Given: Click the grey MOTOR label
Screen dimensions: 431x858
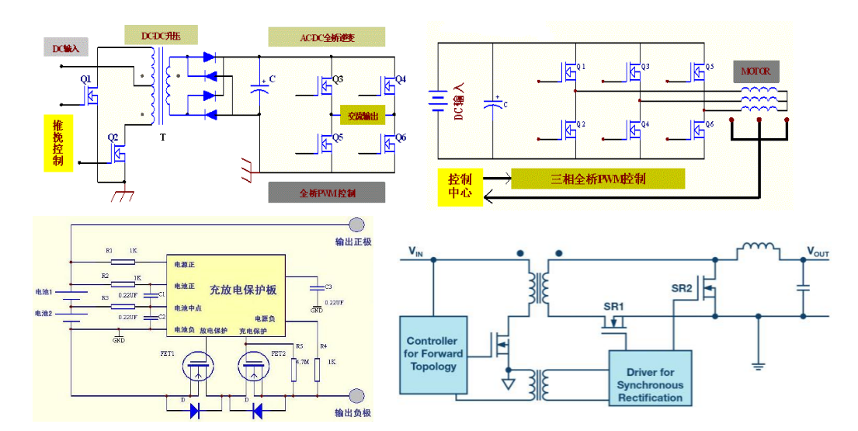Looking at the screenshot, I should pyautogui.click(x=755, y=71).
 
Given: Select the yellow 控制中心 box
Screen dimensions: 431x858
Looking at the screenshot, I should pyautogui.click(x=460, y=184).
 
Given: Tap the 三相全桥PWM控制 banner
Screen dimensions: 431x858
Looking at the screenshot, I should pyautogui.click(x=598, y=179).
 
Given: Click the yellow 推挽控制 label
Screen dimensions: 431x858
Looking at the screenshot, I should pyautogui.click(x=58, y=143).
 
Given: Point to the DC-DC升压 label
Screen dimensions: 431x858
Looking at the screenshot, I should pyautogui.click(x=161, y=35).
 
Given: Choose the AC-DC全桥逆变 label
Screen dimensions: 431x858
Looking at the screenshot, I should pyautogui.click(x=326, y=37).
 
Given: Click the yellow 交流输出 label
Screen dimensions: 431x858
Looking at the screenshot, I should pyautogui.click(x=363, y=116).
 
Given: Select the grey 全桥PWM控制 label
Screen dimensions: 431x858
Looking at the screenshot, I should pyautogui.click(x=326, y=193).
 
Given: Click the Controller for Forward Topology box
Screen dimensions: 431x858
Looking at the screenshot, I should pyautogui.click(x=431, y=353).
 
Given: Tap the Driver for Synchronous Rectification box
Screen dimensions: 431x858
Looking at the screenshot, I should pyautogui.click(x=649, y=378).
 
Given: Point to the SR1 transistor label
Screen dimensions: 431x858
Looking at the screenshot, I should pyautogui.click(x=614, y=307).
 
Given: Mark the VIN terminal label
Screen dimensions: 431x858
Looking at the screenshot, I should pyautogui.click(x=417, y=252).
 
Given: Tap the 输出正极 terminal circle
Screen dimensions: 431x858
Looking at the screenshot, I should pyautogui.click(x=356, y=225).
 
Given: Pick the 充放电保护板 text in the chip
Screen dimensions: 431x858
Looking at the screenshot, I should pyautogui.click(x=242, y=290).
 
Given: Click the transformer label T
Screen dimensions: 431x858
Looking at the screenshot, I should pyautogui.click(x=162, y=137).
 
